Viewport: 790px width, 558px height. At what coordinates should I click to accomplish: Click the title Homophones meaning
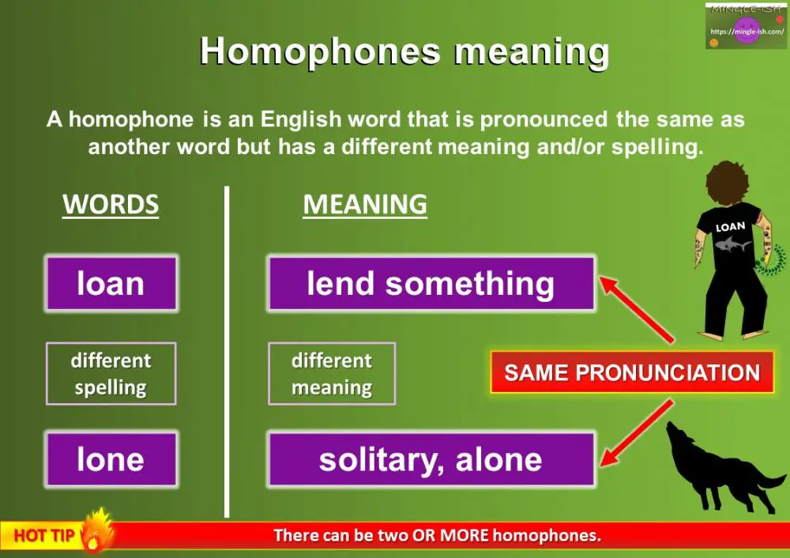[404, 51]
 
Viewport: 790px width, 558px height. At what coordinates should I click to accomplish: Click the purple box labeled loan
[111, 284]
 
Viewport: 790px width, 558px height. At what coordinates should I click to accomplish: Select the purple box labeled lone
[111, 459]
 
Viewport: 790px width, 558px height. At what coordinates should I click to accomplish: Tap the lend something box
[431, 284]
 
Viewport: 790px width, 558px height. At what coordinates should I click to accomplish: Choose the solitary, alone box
[431, 459]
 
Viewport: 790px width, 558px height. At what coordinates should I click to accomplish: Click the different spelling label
[111, 374]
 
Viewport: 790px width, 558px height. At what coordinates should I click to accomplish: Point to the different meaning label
[332, 374]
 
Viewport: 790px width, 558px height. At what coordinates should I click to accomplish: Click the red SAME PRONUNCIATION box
[632, 373]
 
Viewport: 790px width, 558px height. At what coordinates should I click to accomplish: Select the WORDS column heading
[111, 205]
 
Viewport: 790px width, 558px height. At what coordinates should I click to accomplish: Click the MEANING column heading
[365, 205]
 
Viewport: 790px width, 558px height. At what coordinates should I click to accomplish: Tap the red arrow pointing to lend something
[637, 309]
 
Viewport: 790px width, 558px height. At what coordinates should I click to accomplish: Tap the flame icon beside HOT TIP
[97, 532]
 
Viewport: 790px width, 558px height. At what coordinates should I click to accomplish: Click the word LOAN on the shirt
[730, 227]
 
